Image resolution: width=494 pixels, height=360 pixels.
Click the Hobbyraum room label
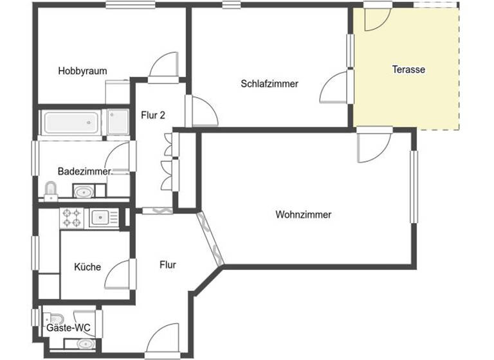tap(82, 71)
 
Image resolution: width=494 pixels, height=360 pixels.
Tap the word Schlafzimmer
tap(270, 84)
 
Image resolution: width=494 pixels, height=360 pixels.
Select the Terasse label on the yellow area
tap(408, 69)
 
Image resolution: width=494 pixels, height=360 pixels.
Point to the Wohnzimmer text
tap(303, 215)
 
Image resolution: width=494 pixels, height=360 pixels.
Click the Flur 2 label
tap(153, 116)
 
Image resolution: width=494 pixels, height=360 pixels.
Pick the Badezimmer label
tap(84, 172)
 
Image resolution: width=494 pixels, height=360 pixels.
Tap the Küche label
tap(87, 267)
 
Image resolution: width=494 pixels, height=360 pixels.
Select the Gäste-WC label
tap(68, 328)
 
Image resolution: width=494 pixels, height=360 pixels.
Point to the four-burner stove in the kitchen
tap(71, 219)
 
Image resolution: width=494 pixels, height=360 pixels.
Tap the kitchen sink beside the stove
tap(101, 219)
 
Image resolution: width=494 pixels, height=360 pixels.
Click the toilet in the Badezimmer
tap(51, 190)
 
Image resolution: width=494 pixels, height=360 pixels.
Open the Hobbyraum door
tap(161, 67)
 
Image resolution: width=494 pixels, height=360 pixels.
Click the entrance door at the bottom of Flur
tap(162, 339)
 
